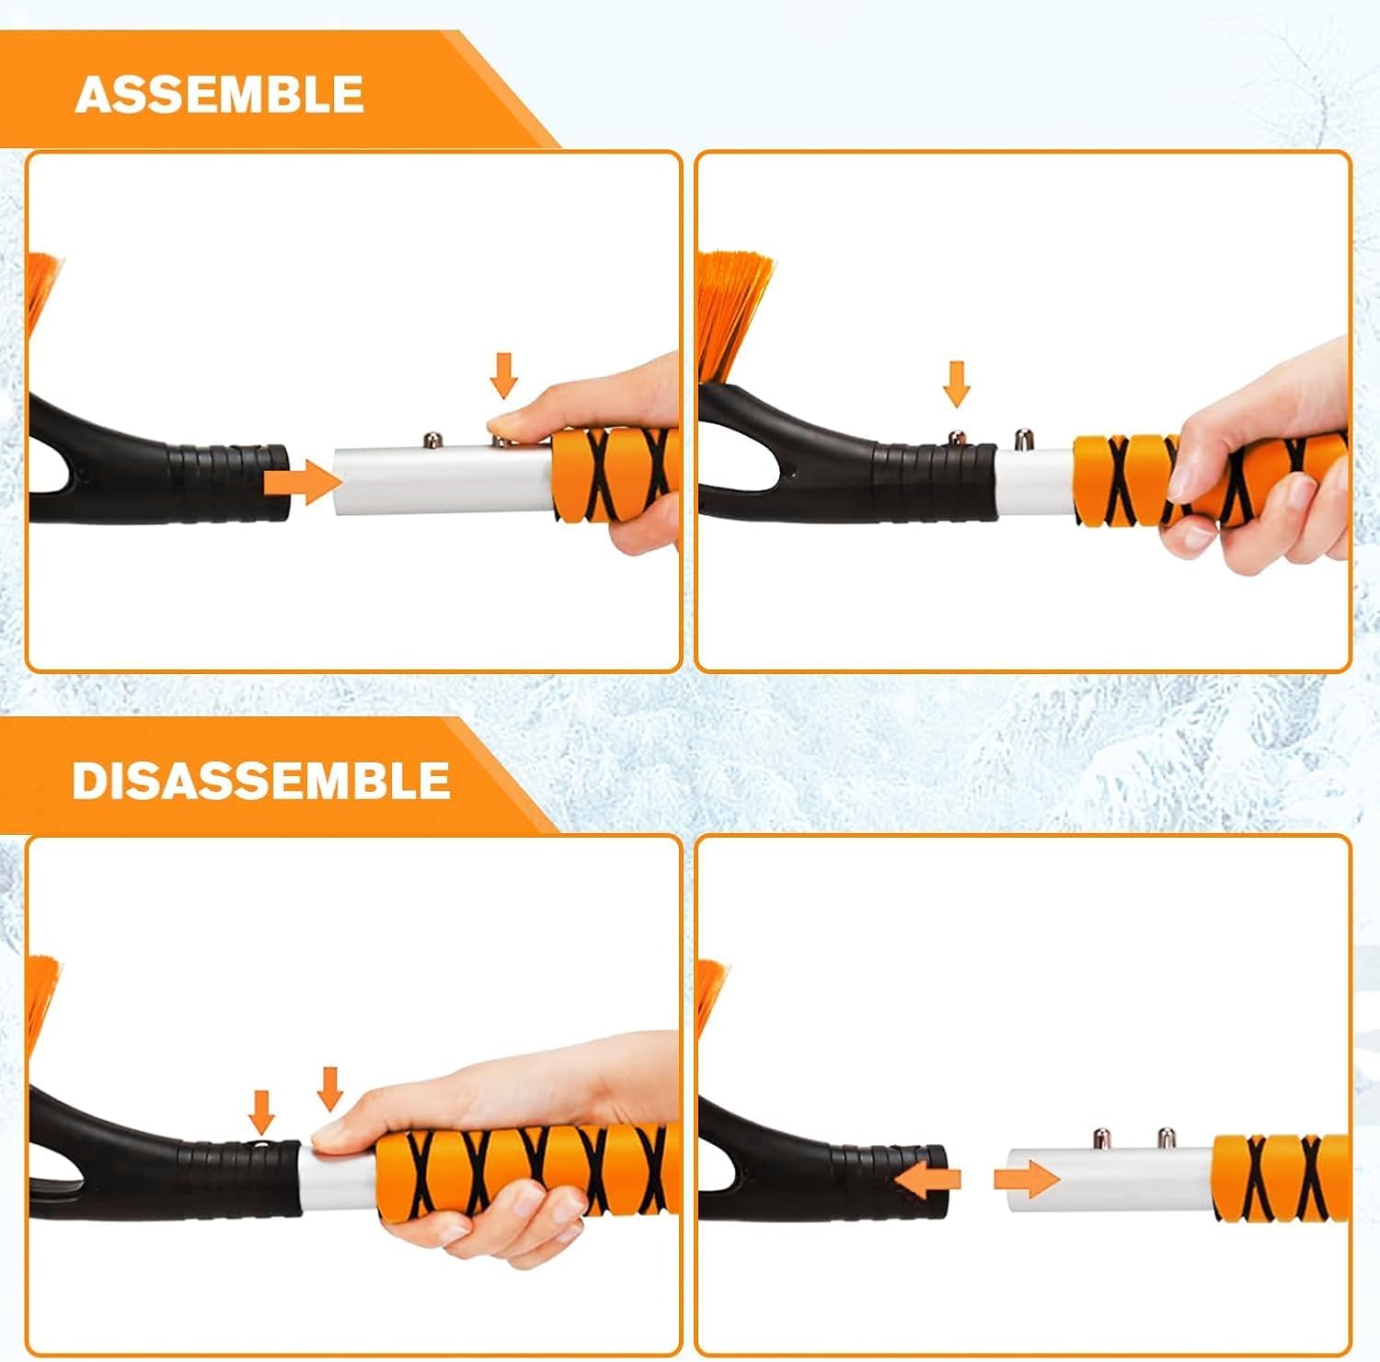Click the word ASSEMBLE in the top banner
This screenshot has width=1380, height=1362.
[x=219, y=95]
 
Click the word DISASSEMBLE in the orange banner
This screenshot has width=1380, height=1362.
[x=260, y=781]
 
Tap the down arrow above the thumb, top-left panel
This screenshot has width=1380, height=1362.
[x=503, y=374]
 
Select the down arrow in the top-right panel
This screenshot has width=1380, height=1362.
[x=957, y=383]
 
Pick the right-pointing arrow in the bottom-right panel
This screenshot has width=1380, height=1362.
[x=1027, y=1179]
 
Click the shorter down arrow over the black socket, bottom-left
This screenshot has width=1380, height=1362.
[x=262, y=1112]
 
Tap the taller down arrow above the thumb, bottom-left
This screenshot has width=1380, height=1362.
[x=329, y=1088]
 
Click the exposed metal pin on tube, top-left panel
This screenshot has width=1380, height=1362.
[x=430, y=441]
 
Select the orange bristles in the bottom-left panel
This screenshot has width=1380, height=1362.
[x=40, y=998]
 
